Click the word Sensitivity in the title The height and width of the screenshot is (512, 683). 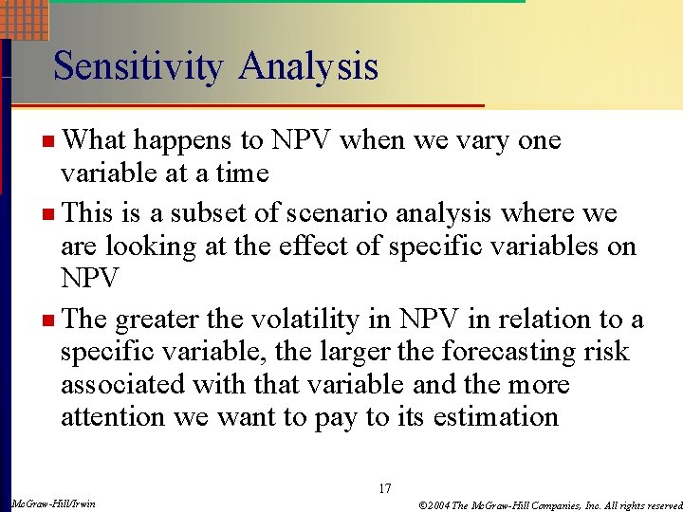click(138, 66)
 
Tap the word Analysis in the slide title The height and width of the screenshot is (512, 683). click(308, 66)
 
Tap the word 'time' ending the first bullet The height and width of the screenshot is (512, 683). click(243, 174)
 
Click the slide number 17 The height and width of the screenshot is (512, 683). click(384, 488)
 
